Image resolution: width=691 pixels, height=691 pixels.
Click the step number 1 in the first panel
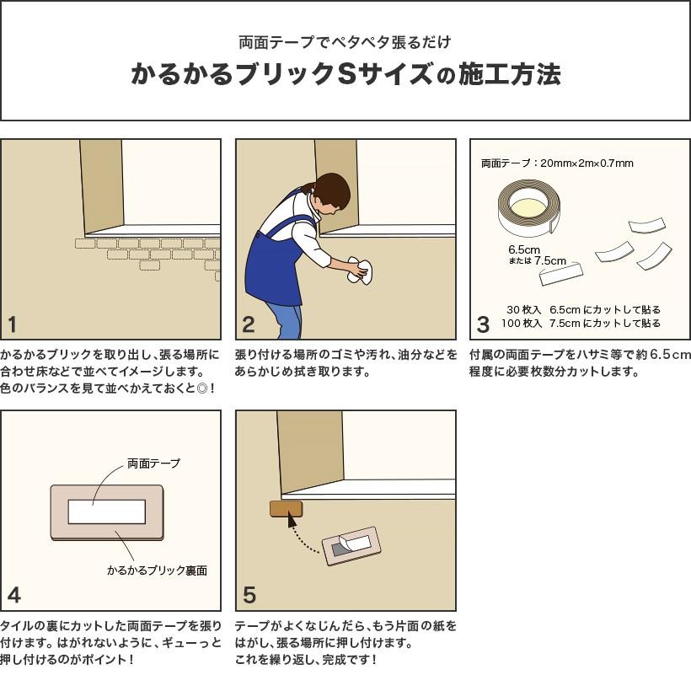coord(13,324)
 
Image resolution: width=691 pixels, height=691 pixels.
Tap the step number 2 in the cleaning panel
coord(248,324)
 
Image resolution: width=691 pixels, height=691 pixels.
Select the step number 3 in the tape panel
coord(483,324)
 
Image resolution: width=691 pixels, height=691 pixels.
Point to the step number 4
coord(13,596)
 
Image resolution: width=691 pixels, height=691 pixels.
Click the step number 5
coord(249,596)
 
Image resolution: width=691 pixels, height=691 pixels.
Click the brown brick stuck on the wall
coord(286,508)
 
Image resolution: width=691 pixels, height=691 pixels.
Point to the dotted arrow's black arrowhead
coord(293,522)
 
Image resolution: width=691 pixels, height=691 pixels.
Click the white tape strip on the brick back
coord(106,512)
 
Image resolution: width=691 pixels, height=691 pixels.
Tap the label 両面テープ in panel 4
coord(153,463)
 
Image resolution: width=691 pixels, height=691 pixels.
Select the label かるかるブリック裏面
coord(157,570)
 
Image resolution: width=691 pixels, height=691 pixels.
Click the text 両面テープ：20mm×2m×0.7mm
coord(557,163)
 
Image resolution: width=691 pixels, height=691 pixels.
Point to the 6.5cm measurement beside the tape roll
coord(523,249)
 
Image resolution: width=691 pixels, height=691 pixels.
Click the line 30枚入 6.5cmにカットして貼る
coord(582,309)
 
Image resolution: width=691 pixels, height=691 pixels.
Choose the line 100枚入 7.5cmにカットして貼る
coord(581,324)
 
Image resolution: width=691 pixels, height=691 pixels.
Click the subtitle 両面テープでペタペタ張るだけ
coord(345,43)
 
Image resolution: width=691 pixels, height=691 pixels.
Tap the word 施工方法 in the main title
coord(510,76)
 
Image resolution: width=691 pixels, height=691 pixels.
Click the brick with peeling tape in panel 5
coord(351,547)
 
